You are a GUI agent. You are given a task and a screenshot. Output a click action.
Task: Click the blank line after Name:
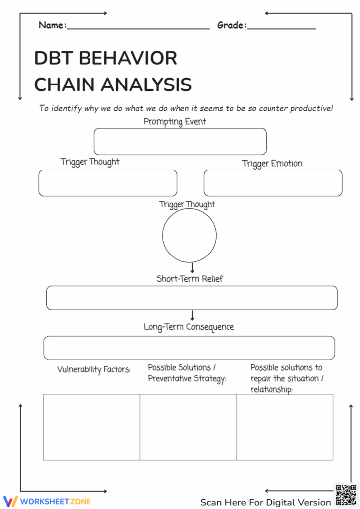point(138,28)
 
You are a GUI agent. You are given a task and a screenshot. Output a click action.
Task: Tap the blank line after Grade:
point(281,28)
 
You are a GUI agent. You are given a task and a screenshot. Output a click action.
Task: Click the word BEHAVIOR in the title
point(128,58)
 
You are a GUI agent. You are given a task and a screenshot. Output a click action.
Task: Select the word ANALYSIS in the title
point(147,85)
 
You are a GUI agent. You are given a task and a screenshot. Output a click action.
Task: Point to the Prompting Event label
point(175,121)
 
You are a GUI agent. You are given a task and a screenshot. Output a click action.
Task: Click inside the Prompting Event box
point(180,141)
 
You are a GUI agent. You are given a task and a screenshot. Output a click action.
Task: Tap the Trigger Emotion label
point(272,163)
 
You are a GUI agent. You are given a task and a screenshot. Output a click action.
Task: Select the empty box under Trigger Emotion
point(272,183)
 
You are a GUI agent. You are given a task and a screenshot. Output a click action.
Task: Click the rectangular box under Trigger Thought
point(108,183)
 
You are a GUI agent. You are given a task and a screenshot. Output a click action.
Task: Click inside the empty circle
point(189,235)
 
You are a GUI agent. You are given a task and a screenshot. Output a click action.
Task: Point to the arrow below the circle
point(192,268)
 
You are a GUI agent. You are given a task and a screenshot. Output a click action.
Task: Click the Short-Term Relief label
point(189,279)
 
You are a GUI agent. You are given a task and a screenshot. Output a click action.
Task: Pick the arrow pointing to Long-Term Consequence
point(192,316)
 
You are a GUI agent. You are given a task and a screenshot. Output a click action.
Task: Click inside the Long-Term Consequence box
point(189,347)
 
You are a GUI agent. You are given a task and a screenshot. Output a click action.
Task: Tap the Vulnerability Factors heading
point(93,370)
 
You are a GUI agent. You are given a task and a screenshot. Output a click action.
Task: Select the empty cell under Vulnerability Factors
point(91,426)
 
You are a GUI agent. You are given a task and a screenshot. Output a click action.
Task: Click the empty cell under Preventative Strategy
point(188,426)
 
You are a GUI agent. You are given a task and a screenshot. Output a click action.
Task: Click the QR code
point(345,495)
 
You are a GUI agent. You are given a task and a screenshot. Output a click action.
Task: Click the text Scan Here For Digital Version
point(266,502)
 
